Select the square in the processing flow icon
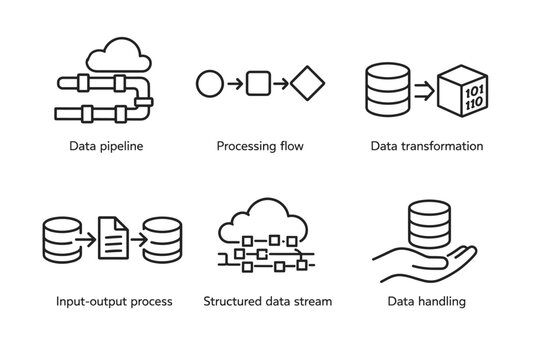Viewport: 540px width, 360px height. [x=258, y=82]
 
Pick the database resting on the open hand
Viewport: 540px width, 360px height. [x=429, y=224]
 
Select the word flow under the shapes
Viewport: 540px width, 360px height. [x=291, y=146]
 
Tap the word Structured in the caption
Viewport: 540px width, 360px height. [x=231, y=301]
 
